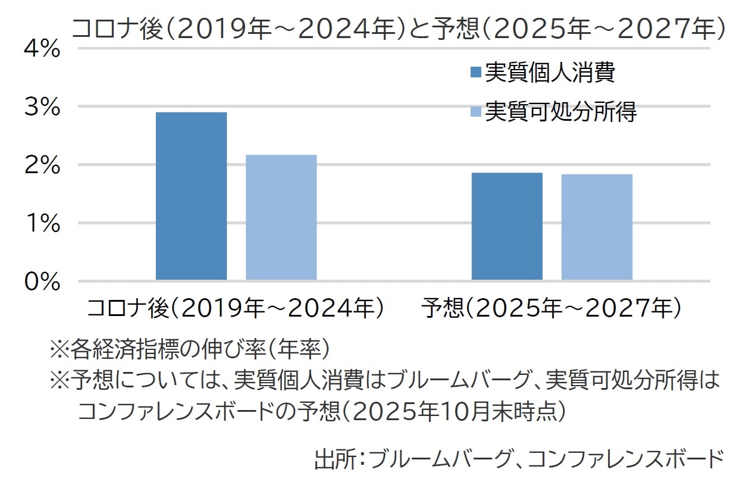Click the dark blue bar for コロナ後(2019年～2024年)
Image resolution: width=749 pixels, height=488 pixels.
click(191, 196)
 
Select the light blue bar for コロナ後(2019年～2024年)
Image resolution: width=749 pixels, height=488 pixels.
click(281, 217)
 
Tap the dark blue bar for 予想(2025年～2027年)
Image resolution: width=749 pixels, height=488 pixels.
click(507, 226)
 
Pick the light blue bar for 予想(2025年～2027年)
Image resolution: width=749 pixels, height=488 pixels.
click(597, 227)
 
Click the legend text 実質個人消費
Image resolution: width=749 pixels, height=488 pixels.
click(550, 73)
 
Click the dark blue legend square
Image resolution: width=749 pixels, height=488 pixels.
click(475, 73)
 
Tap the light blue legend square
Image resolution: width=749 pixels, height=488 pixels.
click(475, 111)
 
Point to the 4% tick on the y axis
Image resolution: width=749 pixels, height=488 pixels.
click(42, 49)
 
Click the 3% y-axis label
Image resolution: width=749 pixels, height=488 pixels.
click(42, 107)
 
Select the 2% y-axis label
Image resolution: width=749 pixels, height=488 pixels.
click(42, 165)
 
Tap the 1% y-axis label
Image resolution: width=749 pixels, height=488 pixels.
click(42, 224)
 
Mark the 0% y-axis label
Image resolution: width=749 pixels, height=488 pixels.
click(42, 281)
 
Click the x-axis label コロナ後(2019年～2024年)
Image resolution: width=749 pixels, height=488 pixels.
click(236, 308)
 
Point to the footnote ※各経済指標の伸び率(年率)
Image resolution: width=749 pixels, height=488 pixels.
click(190, 349)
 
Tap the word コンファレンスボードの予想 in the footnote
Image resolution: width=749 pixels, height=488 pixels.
click(208, 410)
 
